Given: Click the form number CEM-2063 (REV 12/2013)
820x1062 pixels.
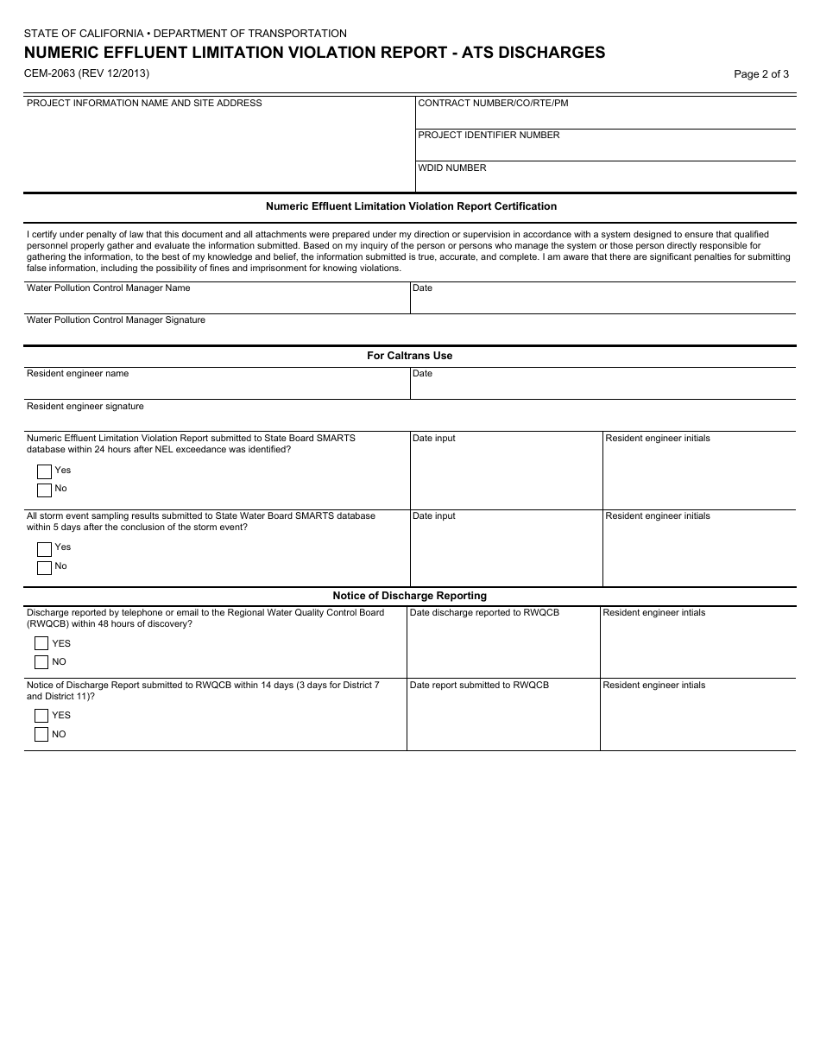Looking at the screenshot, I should [x=86, y=73].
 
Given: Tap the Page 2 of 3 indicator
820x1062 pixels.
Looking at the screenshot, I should [x=760, y=74].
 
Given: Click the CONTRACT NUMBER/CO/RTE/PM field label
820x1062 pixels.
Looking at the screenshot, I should [x=493, y=103].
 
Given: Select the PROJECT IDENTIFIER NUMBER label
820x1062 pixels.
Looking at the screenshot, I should [x=489, y=135].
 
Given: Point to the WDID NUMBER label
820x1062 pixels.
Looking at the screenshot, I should [x=452, y=168].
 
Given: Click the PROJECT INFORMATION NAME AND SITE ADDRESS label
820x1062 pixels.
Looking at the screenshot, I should [x=144, y=103].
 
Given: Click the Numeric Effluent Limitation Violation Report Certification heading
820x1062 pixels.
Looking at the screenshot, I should [x=411, y=206].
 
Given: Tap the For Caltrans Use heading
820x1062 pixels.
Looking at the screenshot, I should [x=409, y=356].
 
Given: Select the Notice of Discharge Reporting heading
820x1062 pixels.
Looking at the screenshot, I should [x=409, y=596].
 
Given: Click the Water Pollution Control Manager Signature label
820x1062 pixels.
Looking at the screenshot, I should [x=116, y=319].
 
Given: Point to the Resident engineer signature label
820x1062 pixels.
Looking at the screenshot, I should [x=85, y=406].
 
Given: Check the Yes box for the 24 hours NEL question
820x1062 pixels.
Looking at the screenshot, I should [x=44, y=471].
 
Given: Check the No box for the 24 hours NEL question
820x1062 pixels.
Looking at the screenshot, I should [x=44, y=490].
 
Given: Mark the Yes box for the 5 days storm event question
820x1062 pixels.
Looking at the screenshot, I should [x=44, y=549].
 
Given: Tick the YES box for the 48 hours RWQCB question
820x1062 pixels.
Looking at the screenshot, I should [x=41, y=643].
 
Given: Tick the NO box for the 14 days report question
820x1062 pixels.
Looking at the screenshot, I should [x=41, y=735].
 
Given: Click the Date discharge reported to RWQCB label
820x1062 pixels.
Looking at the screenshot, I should [x=483, y=612].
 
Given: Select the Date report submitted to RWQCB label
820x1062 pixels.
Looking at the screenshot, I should [x=478, y=685].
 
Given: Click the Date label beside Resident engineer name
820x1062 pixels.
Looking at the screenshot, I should [x=422, y=374].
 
